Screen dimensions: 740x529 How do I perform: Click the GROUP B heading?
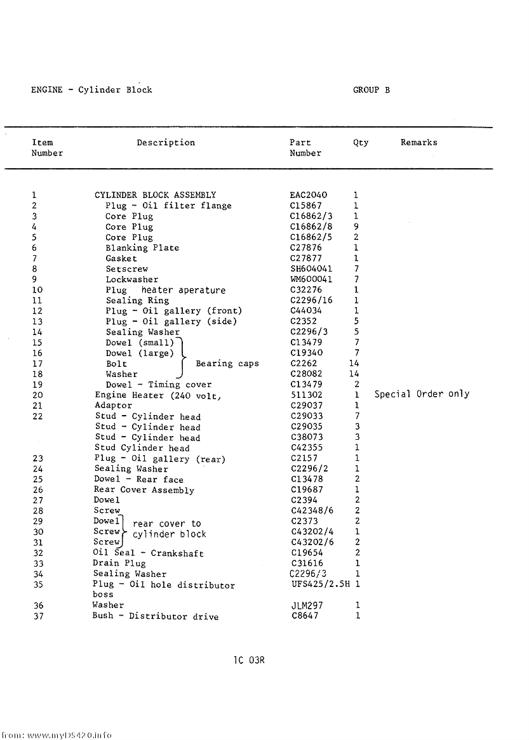click(x=372, y=90)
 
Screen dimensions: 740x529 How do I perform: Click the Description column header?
click(x=166, y=143)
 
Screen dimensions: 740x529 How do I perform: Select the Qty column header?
click(x=361, y=143)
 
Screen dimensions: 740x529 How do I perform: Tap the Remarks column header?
click(x=419, y=143)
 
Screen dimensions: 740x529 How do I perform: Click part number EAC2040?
click(x=309, y=195)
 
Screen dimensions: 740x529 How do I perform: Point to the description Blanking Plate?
click(x=142, y=248)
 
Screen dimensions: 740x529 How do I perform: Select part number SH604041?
click(x=311, y=269)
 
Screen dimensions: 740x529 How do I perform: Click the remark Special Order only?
click(x=422, y=394)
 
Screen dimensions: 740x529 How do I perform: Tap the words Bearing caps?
click(x=227, y=364)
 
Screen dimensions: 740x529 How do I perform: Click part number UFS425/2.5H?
click(x=321, y=584)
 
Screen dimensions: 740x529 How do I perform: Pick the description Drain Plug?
click(x=119, y=563)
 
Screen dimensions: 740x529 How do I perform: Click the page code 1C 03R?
click(x=249, y=660)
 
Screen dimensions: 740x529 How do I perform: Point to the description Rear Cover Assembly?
click(x=144, y=490)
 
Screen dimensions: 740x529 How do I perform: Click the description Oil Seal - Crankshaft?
click(x=148, y=553)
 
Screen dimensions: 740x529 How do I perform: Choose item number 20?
click(x=37, y=395)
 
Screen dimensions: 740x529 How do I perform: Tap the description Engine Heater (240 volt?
click(x=157, y=395)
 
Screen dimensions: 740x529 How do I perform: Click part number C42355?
click(x=307, y=447)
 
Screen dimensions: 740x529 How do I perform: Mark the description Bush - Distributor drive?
click(x=155, y=616)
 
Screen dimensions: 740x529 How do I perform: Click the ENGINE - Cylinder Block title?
click(x=91, y=90)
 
